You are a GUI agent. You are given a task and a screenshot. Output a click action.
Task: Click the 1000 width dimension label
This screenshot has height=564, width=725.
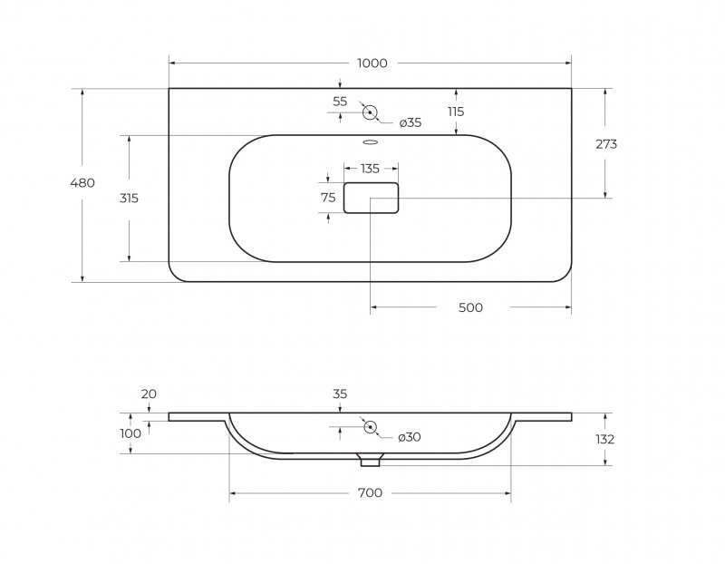[x=372, y=63]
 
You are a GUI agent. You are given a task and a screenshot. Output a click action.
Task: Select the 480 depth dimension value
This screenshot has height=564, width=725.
[x=82, y=183]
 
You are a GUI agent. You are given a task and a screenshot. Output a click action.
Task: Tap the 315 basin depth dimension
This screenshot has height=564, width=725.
[x=129, y=198]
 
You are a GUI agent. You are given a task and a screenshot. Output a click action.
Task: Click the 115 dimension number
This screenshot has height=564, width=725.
[x=455, y=112]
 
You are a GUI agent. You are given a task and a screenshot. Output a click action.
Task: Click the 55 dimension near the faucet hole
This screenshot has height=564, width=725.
[x=340, y=102]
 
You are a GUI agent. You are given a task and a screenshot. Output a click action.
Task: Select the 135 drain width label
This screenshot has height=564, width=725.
[x=370, y=169]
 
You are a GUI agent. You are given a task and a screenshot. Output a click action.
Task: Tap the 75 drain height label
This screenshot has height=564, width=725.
[x=328, y=198]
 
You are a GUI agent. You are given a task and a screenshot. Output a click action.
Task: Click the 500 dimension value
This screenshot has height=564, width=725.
[x=470, y=308]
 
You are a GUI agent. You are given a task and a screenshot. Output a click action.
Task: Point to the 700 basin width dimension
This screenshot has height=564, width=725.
[x=370, y=493]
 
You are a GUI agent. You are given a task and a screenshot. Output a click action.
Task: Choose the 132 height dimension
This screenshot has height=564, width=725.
[x=605, y=440]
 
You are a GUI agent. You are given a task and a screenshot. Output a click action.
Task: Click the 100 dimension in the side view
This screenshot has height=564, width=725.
[x=130, y=433]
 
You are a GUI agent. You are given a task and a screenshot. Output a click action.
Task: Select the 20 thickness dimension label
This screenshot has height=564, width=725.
[x=149, y=394]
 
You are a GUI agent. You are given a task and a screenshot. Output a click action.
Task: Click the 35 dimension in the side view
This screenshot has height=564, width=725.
[x=340, y=394]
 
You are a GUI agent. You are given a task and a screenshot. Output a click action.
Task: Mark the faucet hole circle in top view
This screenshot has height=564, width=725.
[x=370, y=112]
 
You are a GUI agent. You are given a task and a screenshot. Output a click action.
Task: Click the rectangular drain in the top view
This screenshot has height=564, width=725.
[x=371, y=197]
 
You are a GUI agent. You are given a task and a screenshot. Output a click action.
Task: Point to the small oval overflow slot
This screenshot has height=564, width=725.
[x=371, y=141]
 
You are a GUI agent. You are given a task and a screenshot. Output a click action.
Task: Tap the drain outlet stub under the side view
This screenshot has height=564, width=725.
[x=370, y=462]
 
